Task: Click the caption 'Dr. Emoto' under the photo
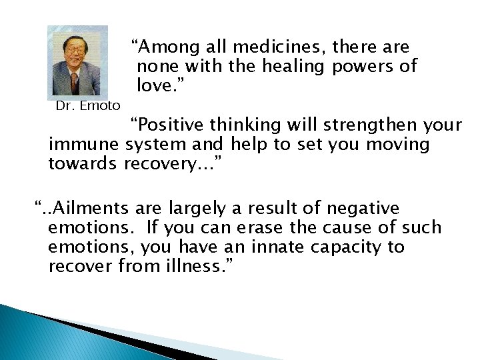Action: point(88,105)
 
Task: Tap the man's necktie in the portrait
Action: point(75,83)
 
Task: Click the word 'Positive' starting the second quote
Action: point(167,125)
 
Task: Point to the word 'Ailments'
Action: point(93,209)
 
